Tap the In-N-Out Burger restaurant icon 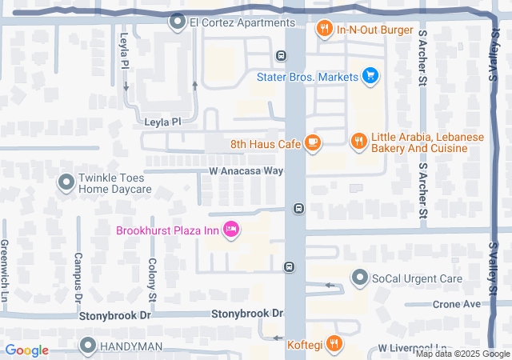(324, 30)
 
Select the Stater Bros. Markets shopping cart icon (370, 77)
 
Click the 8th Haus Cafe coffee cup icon (312, 144)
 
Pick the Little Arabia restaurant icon (358, 142)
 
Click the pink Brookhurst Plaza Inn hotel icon (231, 230)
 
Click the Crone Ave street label (456, 304)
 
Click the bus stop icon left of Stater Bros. (281, 56)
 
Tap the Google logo (26, 350)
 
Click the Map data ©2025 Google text (462, 354)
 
